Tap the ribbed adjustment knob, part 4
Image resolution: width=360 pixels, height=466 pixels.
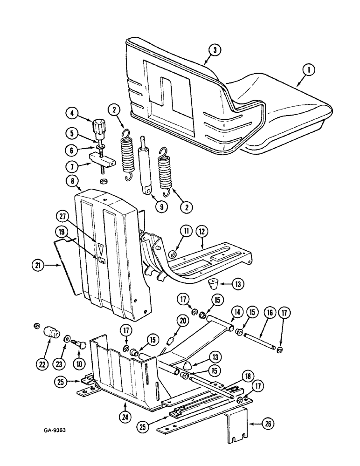[x=99, y=126]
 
